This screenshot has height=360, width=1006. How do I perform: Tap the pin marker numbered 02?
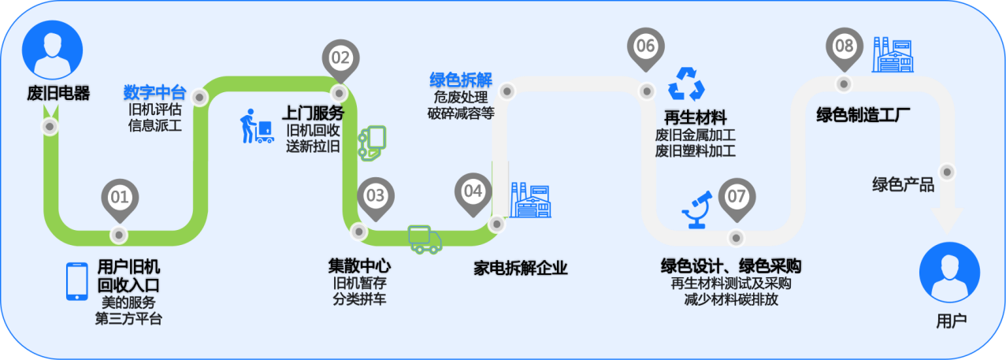[x=340, y=60]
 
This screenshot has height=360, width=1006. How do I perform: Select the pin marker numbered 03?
[x=376, y=198]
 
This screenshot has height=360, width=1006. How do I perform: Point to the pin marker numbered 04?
[x=473, y=194]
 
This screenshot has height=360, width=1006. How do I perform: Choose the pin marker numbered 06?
[x=646, y=48]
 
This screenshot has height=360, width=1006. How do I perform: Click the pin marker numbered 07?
[x=737, y=199]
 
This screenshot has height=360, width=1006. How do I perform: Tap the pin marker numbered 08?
[x=845, y=48]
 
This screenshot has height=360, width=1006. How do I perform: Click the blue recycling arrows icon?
[x=686, y=84]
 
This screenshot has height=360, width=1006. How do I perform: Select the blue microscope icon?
[x=697, y=210]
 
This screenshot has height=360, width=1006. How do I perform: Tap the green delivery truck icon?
[x=425, y=239]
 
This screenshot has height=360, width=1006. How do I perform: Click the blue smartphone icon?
[x=76, y=281]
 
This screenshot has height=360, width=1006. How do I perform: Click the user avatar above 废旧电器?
[x=53, y=50]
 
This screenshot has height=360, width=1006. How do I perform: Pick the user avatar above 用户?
[x=950, y=273]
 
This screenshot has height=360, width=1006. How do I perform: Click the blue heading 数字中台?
[x=155, y=92]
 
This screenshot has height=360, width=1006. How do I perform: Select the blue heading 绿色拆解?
[x=461, y=80]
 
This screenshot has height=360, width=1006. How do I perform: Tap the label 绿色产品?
[x=903, y=184]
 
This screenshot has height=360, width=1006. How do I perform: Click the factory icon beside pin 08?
[x=893, y=55]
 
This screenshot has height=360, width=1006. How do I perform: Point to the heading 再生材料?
[x=695, y=117]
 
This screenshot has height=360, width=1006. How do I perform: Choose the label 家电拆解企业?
[x=521, y=268]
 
